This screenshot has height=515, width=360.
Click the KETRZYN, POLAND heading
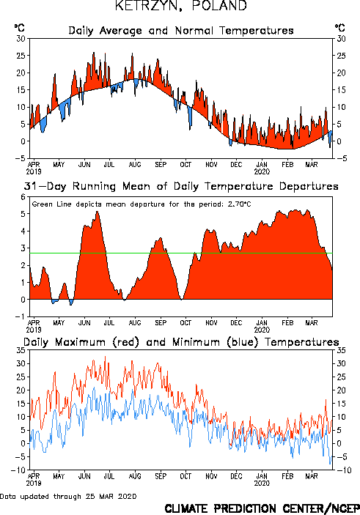tap(181, 6)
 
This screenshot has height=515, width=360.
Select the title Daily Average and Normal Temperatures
tap(181, 31)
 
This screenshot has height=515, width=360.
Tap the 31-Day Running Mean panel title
tap(181, 186)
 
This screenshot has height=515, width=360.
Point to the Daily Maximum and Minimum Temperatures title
tap(181, 342)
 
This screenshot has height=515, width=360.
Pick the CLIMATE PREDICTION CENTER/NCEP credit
tap(262, 508)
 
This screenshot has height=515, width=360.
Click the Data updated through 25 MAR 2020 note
tap(68, 496)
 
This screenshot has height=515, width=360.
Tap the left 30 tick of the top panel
tap(21, 39)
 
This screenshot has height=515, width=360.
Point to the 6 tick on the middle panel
tap(23, 197)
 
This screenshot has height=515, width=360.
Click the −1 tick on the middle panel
tap(21, 316)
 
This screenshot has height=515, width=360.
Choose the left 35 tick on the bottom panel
tap(21, 350)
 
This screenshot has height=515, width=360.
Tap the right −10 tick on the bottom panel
tap(344, 470)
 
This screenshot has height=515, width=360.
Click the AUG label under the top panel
tap(135, 164)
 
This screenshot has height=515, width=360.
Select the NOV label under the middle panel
tap(211, 323)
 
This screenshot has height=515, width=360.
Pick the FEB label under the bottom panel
tap(287, 476)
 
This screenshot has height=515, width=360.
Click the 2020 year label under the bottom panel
tap(262, 483)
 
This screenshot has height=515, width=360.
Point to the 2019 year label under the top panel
tap(34, 171)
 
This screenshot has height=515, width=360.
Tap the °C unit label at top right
tap(339, 28)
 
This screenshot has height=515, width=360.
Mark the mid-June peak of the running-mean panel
tap(98, 211)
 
